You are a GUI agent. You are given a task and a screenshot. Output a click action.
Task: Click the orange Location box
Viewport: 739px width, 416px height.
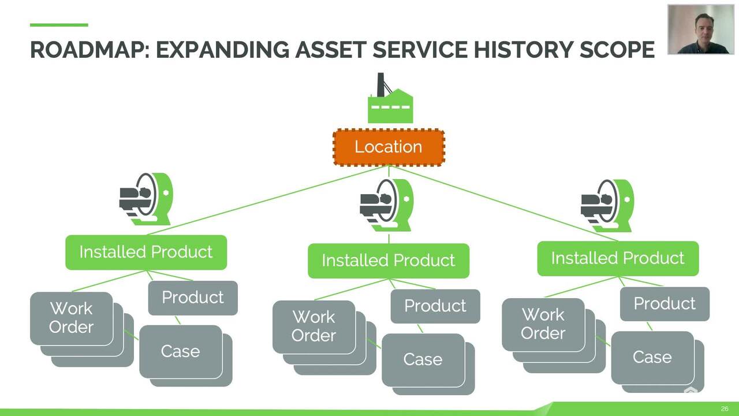(389, 147)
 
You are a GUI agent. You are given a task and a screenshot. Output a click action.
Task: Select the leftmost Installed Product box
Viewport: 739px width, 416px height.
(146, 252)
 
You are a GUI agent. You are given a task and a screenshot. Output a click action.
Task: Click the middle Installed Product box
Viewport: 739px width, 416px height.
(389, 261)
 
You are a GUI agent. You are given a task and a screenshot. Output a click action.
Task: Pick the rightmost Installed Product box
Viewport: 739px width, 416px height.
(618, 258)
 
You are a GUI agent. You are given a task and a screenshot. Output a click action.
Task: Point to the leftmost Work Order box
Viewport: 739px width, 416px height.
(72, 318)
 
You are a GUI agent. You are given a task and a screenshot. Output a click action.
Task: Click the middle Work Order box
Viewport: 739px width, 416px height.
(314, 326)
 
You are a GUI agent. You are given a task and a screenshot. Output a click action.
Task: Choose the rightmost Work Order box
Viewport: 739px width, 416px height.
(543, 324)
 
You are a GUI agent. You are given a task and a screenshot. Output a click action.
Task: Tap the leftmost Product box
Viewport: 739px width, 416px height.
(193, 298)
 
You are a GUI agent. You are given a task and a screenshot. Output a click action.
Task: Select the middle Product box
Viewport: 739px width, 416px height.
(435, 306)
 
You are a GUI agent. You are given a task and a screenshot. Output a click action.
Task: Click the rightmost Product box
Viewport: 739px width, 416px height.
(665, 304)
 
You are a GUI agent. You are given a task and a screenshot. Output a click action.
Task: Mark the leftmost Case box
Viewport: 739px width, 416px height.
(181, 351)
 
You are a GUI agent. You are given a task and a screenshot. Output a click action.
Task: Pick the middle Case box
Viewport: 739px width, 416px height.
(423, 359)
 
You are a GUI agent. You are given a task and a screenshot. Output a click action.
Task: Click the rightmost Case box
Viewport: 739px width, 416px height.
(652, 357)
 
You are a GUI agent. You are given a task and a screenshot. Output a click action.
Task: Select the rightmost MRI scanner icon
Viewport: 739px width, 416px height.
(607, 206)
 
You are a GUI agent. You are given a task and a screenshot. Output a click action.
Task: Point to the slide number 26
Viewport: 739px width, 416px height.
(725, 409)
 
